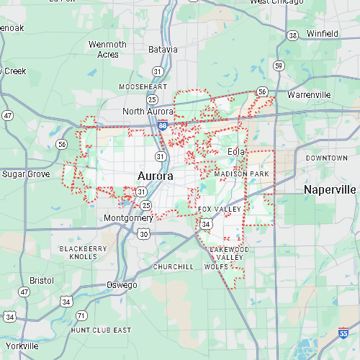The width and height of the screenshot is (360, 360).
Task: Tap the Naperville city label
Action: coord(330,189)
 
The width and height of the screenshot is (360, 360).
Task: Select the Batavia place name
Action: coord(163,50)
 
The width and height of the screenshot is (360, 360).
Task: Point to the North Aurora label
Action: coord(148,111)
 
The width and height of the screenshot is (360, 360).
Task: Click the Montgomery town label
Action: coord(128,218)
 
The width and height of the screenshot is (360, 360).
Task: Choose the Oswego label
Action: coord(122,285)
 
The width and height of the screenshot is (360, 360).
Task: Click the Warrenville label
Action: coord(308,95)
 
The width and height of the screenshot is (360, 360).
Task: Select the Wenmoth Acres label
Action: coord(107,49)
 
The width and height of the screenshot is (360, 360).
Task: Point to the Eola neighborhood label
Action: coord(236,152)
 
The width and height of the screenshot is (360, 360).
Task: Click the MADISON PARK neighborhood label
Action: coord(240,174)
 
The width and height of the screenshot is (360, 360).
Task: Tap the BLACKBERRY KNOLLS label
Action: coord(83,253)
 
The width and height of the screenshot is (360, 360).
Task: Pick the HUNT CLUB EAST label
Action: coord(101,330)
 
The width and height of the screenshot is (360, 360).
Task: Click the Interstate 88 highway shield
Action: coord(163,126)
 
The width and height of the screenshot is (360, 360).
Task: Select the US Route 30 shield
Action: coord(145,234)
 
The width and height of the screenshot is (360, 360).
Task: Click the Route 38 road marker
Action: coord(292,35)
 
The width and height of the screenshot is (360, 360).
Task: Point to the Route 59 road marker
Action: coord(278,66)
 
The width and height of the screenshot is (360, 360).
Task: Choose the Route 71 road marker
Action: coord(82,315)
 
